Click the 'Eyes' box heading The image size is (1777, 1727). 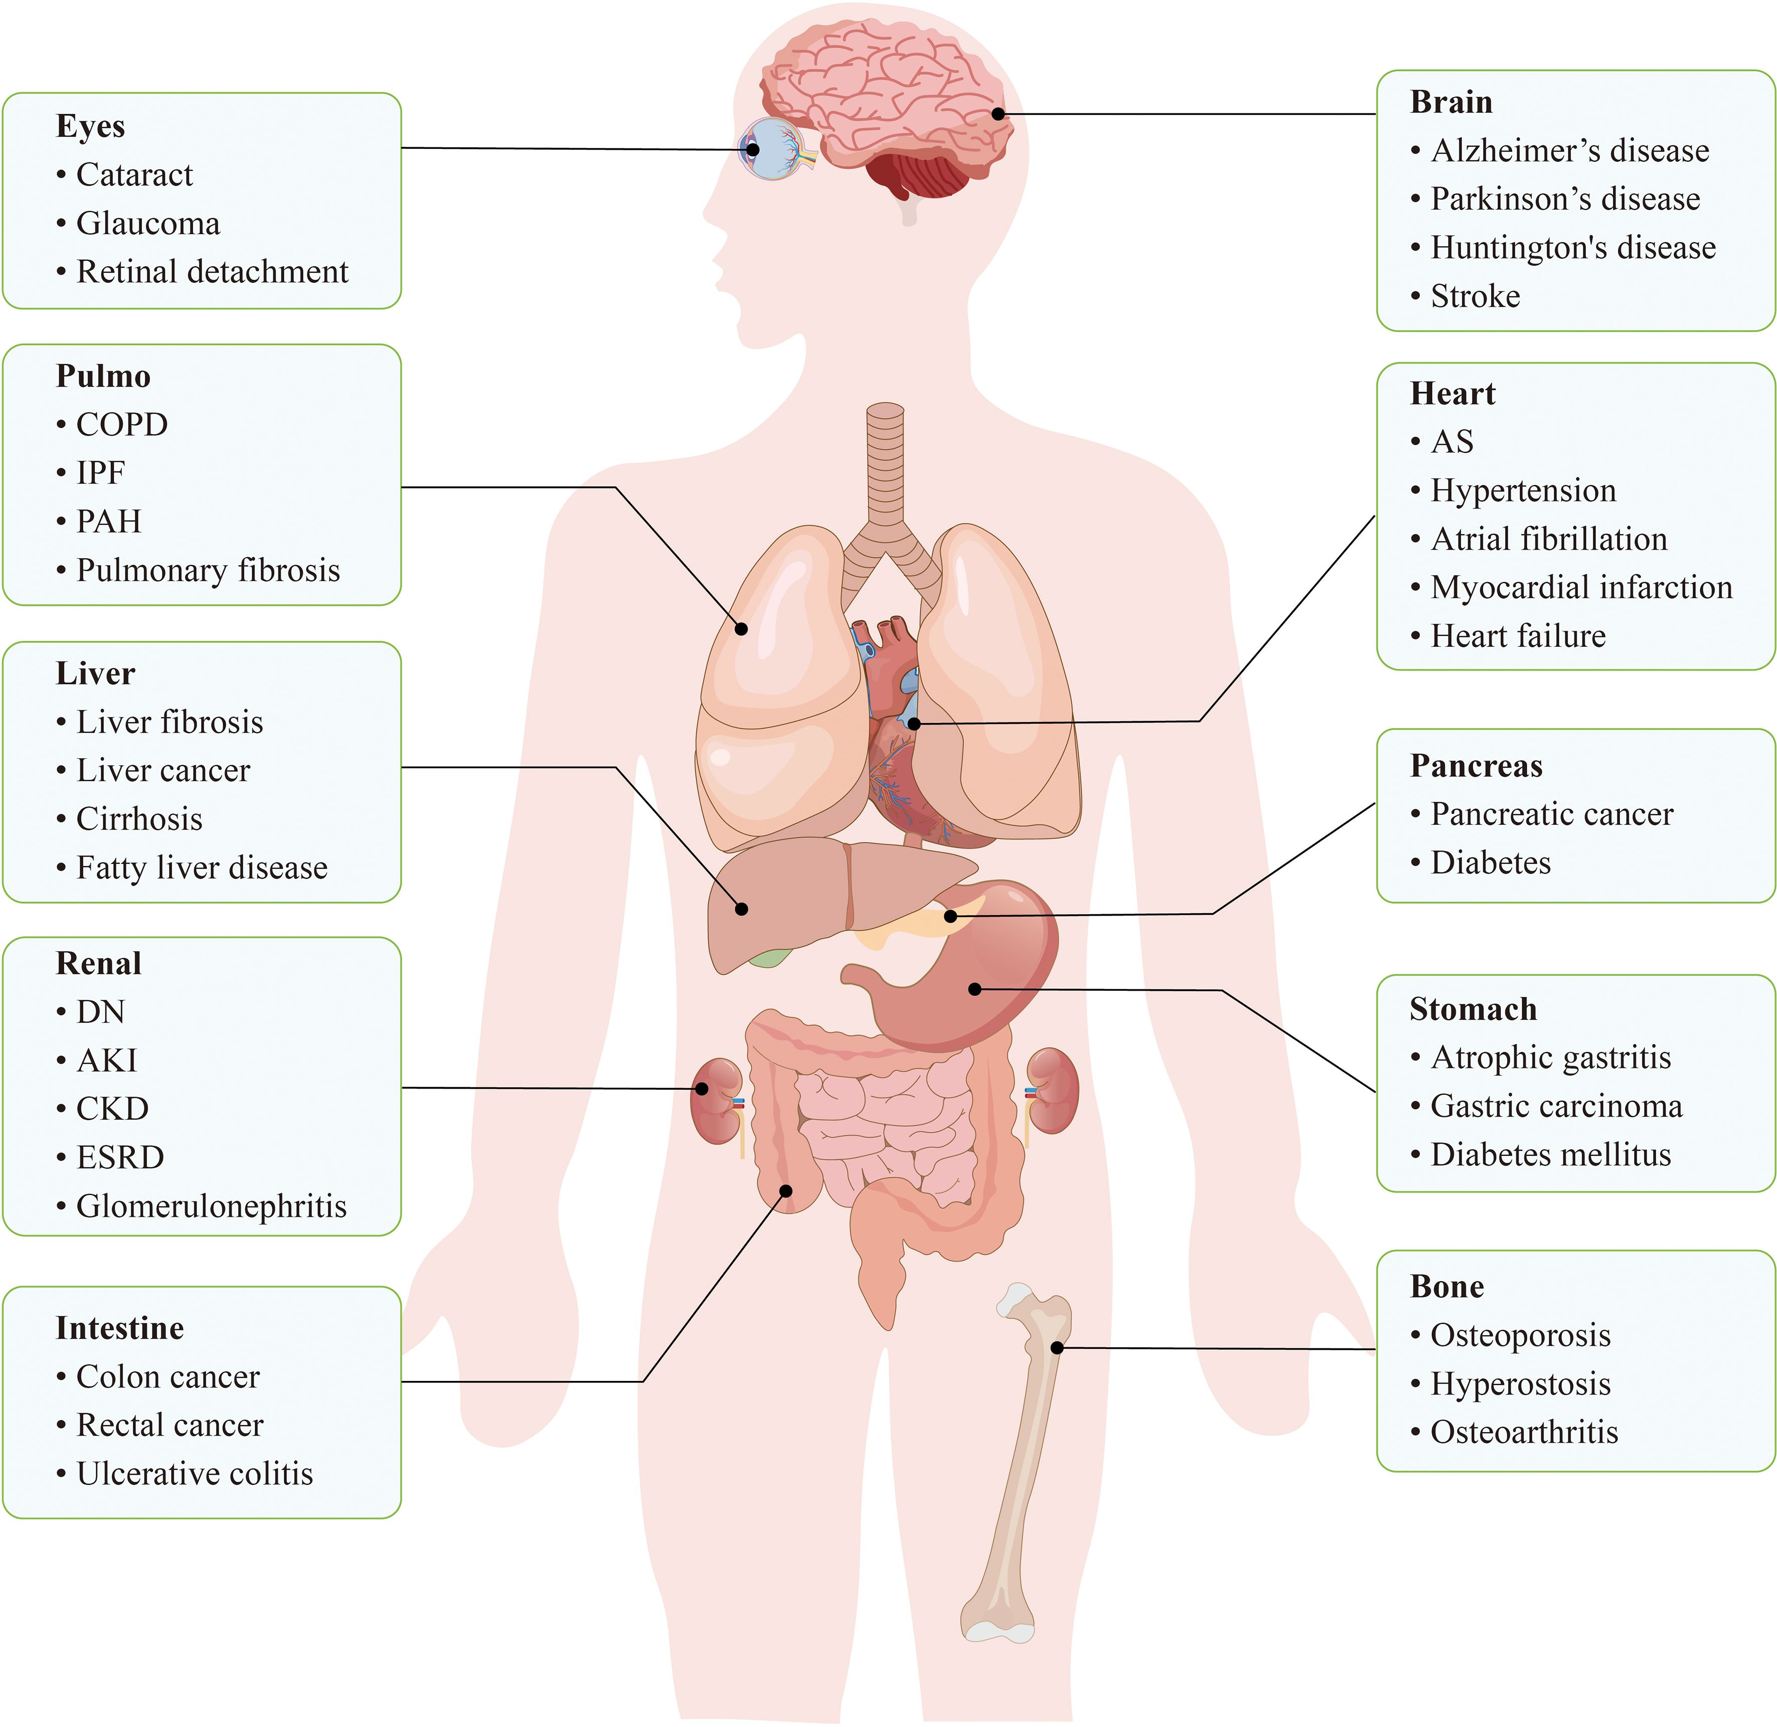point(90,126)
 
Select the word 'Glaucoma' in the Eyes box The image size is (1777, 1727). point(148,223)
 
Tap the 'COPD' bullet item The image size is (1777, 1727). point(121,425)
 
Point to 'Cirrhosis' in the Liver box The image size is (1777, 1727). point(139,819)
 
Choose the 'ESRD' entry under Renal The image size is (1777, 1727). point(120,1157)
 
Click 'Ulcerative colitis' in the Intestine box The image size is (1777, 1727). point(194,1473)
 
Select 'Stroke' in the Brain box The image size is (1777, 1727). point(1475,296)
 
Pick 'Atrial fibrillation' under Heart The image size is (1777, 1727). point(1548,539)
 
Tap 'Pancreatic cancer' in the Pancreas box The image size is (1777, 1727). point(1551,814)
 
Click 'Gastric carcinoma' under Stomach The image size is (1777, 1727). point(1556,1106)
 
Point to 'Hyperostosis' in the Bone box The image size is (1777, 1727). point(1520,1384)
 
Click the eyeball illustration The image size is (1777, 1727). point(773,149)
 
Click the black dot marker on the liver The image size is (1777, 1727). point(742,909)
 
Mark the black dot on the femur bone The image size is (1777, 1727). point(1057,1348)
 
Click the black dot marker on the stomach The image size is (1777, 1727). point(975,989)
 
